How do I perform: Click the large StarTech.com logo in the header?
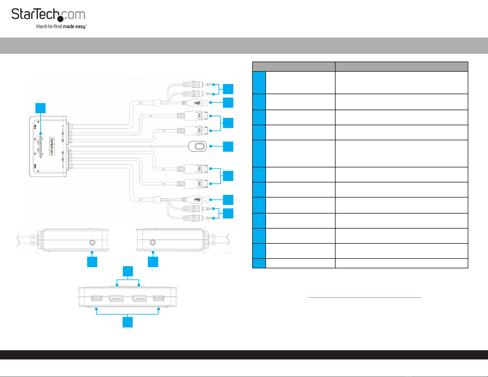click(48, 15)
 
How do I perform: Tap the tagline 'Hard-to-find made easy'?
click(61, 26)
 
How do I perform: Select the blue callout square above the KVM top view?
click(40, 108)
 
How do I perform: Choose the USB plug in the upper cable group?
click(197, 103)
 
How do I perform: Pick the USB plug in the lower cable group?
click(197, 200)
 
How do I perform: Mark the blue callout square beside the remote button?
click(228, 146)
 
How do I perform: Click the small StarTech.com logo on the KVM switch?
click(52, 146)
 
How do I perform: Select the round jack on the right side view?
click(152, 243)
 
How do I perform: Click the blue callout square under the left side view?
click(92, 262)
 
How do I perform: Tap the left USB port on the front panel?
click(97, 298)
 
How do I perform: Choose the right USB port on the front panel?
click(159, 298)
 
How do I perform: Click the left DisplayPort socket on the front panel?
click(116, 299)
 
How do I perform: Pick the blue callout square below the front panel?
click(128, 322)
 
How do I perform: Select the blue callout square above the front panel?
click(128, 271)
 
